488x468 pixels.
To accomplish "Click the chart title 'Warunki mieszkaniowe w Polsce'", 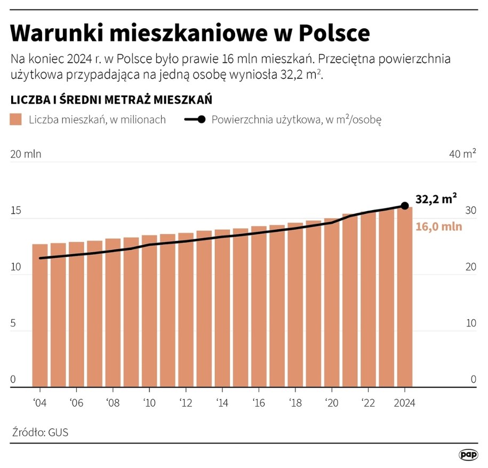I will point(190,34).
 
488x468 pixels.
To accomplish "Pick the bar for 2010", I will point(149,311).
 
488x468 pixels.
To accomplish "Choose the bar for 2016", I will point(259,306).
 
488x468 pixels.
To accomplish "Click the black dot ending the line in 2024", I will point(405,206).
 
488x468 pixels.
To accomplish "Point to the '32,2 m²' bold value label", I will point(436,199).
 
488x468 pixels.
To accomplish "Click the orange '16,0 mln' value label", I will point(438,226).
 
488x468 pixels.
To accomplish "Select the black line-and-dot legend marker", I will point(195,119).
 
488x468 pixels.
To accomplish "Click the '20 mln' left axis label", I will point(26,155).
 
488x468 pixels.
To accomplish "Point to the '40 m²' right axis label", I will point(462,155).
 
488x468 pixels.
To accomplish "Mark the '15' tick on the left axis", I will point(16,211).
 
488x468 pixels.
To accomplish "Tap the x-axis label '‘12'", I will point(186,402).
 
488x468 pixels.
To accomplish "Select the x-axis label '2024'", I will point(404,402).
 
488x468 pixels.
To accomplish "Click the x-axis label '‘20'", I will point(332,402).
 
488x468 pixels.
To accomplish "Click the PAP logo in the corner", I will point(468,455).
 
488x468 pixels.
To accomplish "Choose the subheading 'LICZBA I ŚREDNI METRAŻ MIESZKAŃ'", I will point(111,100).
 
